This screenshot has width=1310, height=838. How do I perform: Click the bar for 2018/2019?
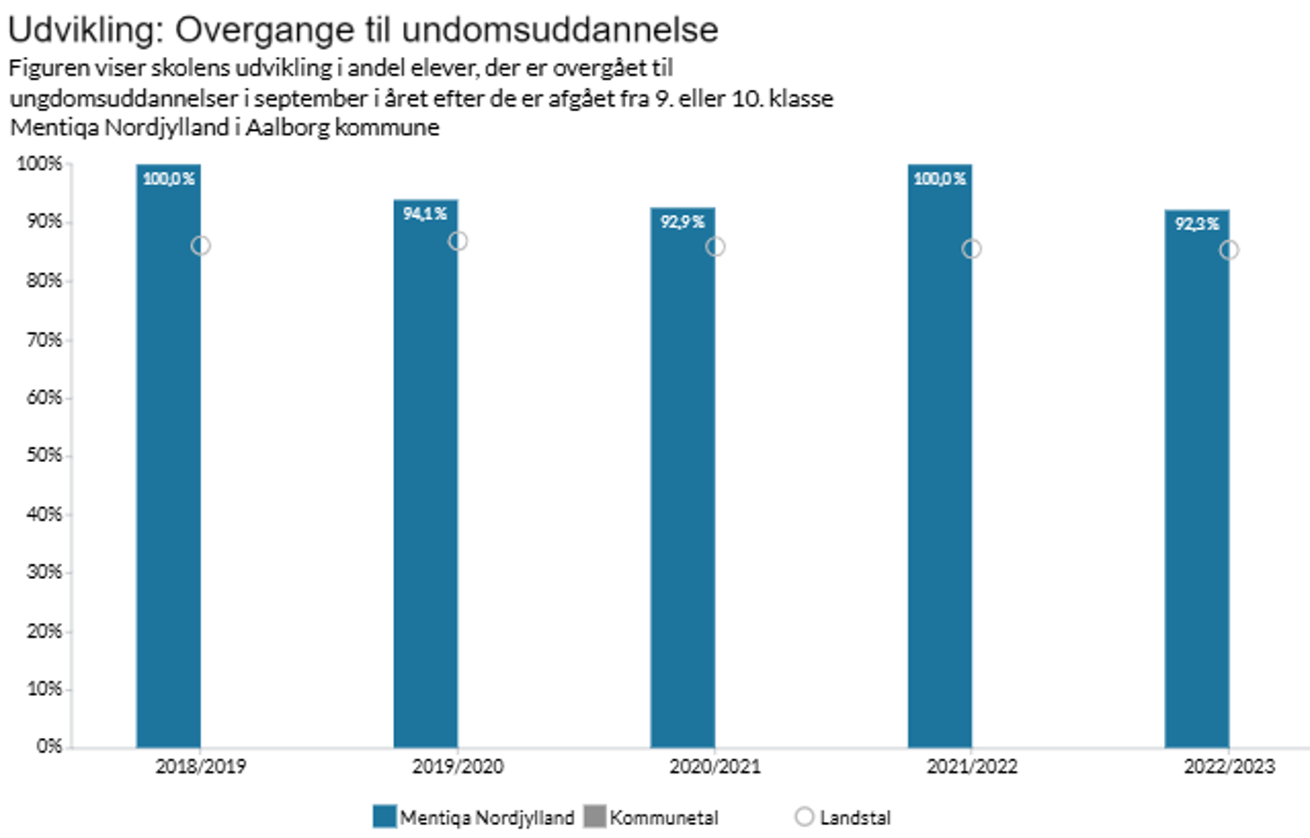click(x=168, y=468)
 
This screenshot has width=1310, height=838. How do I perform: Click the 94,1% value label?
click(x=425, y=214)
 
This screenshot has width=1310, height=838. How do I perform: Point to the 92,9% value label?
click(x=682, y=222)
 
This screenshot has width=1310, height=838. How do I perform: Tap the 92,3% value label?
click(x=1197, y=224)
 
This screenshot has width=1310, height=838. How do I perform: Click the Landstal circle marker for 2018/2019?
click(x=200, y=246)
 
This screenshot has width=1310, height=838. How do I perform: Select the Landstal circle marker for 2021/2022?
click(x=971, y=249)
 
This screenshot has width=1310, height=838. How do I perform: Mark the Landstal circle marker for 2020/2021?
click(x=715, y=247)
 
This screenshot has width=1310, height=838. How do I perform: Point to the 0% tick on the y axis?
click(x=49, y=746)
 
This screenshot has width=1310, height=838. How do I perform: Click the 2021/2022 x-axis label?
click(x=971, y=767)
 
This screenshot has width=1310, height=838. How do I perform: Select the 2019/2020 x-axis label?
click(x=458, y=767)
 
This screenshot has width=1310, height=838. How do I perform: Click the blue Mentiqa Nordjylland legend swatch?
click(x=385, y=816)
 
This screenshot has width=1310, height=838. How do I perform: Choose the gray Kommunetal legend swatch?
click(x=594, y=816)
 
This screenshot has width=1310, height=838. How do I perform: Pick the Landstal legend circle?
click(x=804, y=816)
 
